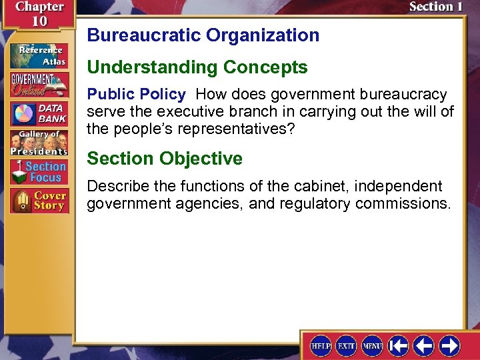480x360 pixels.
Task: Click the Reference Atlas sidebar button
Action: pos(38,54)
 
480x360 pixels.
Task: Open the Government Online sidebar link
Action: pos(38,85)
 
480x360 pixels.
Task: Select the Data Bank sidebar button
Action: pos(38,113)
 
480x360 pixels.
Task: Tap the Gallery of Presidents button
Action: pos(38,142)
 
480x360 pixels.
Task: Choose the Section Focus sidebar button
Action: pos(38,171)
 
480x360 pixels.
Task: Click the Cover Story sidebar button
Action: pos(38,201)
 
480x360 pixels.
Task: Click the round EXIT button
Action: pos(347,345)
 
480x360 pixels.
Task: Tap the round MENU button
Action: pos(372,345)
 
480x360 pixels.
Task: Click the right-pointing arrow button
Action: pos(449,345)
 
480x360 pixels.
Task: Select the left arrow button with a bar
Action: pos(399,345)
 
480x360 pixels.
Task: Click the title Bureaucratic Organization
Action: pos(203,35)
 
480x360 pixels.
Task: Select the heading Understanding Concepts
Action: pos(197,67)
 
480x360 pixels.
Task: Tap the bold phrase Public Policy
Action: pos(136,94)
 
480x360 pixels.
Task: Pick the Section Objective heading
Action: pos(165,159)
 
